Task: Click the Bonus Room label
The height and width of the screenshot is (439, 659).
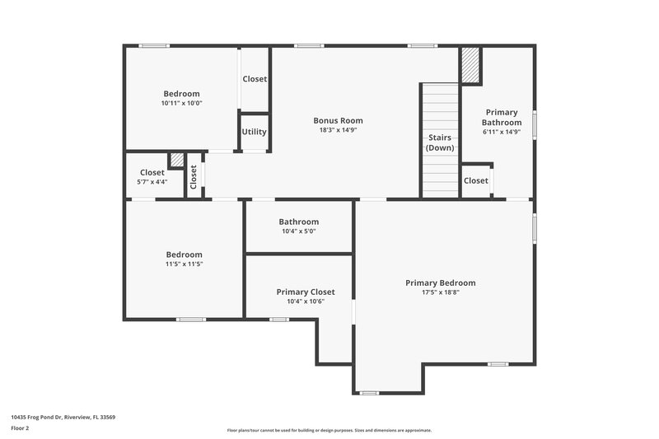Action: pyautogui.click(x=338, y=120)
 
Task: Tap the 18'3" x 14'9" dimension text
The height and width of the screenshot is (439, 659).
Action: pyautogui.click(x=338, y=130)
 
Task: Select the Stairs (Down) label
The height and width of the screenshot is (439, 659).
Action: pyautogui.click(x=440, y=142)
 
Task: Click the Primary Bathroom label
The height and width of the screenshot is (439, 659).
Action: pyautogui.click(x=502, y=117)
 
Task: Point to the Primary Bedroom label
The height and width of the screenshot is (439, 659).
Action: pyautogui.click(x=440, y=283)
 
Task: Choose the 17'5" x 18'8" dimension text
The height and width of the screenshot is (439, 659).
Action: pyautogui.click(x=440, y=292)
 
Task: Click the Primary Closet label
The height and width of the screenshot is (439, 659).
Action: pyautogui.click(x=306, y=292)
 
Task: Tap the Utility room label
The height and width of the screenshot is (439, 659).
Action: pyautogui.click(x=254, y=132)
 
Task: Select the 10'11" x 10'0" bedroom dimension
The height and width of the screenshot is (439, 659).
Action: pyautogui.click(x=181, y=104)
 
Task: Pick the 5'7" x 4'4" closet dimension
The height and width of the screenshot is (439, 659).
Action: pyautogui.click(x=152, y=182)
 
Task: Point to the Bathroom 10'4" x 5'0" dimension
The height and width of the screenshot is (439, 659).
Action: pyautogui.click(x=298, y=231)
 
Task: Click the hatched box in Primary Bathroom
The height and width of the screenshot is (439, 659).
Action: pyautogui.click(x=470, y=65)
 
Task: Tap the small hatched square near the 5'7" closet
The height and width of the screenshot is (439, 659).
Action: pyautogui.click(x=176, y=160)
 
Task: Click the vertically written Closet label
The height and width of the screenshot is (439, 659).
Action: pyautogui.click(x=194, y=176)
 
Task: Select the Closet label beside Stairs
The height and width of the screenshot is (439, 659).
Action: pyautogui.click(x=475, y=180)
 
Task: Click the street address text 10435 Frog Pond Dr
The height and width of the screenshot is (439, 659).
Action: pyautogui.click(x=63, y=418)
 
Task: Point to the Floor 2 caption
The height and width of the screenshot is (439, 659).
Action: pyautogui.click(x=21, y=428)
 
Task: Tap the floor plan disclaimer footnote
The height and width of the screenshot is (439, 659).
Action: pyautogui.click(x=329, y=430)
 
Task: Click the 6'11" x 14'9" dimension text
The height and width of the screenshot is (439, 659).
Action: pyautogui.click(x=502, y=132)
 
